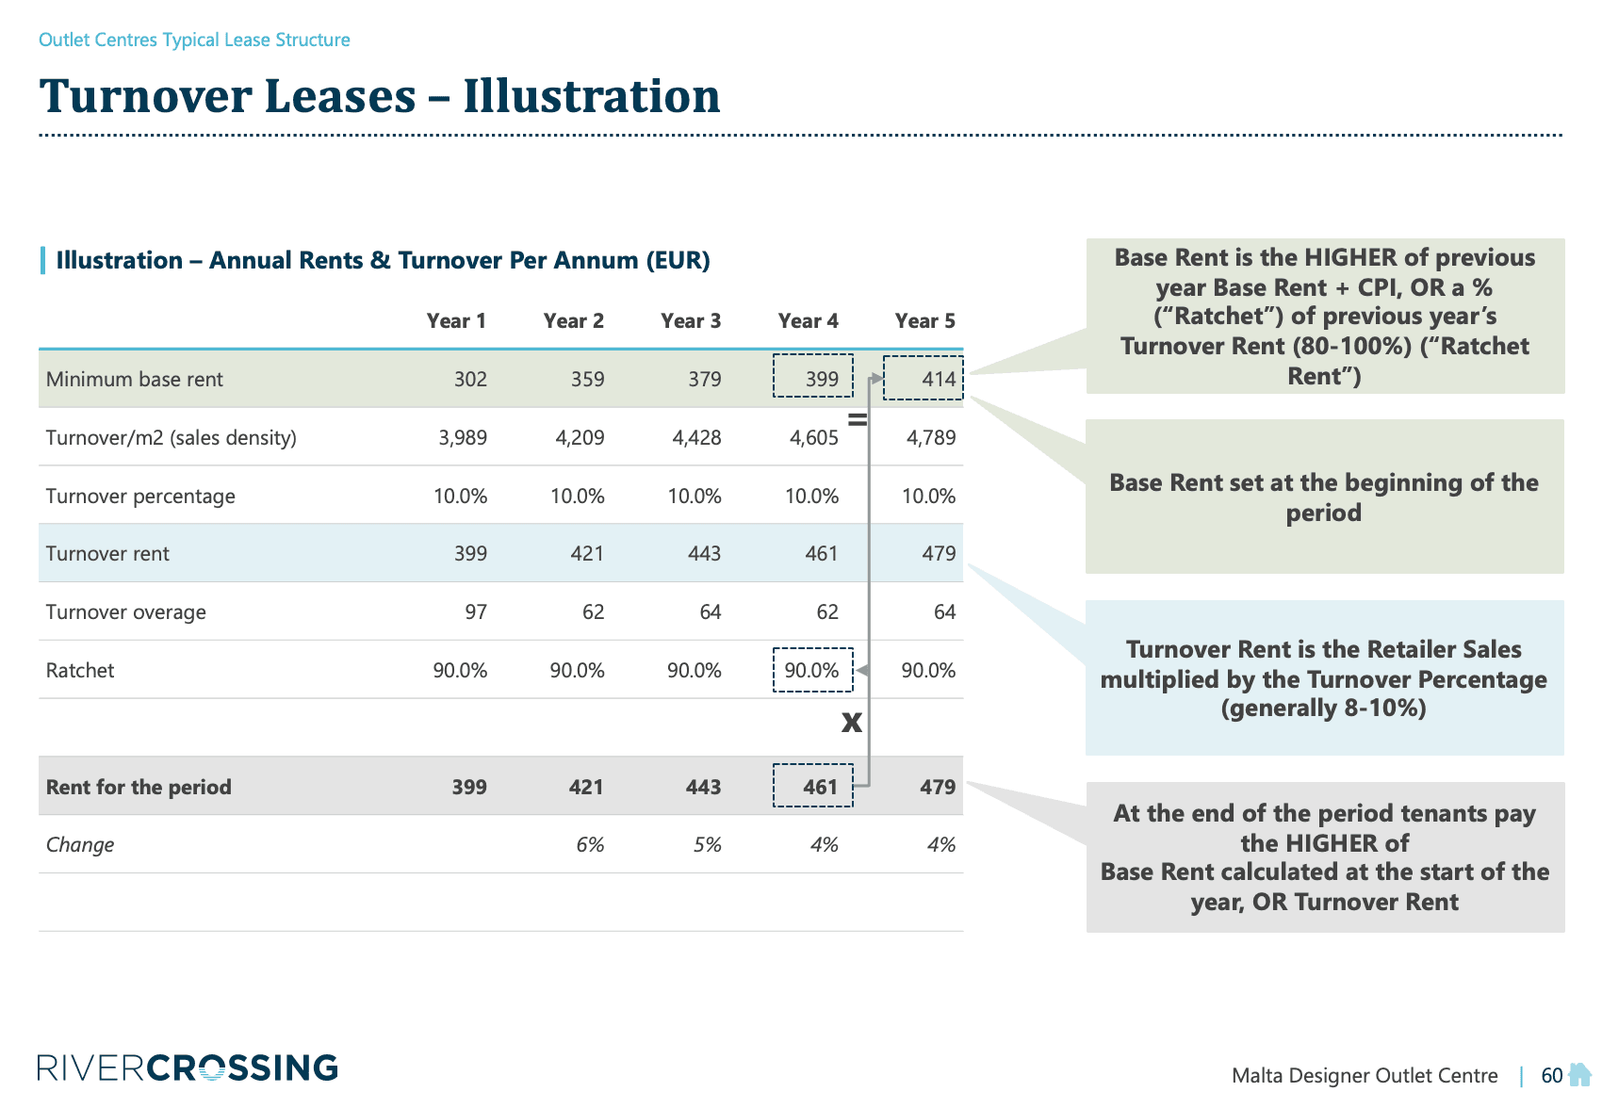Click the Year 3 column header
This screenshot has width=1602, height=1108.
tap(691, 320)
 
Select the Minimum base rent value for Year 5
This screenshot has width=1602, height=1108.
tap(938, 379)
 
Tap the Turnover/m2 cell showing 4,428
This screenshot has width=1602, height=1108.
tap(696, 437)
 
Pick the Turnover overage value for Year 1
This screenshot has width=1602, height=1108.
tap(476, 611)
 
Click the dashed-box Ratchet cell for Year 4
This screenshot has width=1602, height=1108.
tap(811, 670)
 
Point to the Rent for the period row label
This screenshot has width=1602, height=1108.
tap(139, 787)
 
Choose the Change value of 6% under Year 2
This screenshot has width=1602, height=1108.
tap(590, 844)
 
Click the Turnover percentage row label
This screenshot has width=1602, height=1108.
tap(140, 496)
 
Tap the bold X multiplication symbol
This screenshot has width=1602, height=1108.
tap(852, 723)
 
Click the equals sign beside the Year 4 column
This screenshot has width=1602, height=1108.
tap(858, 419)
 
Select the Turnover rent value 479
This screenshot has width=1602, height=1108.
tap(939, 553)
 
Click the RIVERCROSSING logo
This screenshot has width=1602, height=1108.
tap(188, 1067)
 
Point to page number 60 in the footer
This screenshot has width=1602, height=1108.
tap(1551, 1075)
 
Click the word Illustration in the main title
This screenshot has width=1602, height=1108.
tap(592, 96)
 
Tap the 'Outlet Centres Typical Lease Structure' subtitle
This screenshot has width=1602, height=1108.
tap(194, 40)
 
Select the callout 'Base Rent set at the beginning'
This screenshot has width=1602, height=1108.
tap(1324, 497)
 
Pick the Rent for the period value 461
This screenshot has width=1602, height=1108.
tap(820, 787)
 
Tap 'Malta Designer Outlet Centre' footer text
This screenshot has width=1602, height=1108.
tap(1365, 1075)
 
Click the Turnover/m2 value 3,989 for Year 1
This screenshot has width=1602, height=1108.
tap(463, 437)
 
